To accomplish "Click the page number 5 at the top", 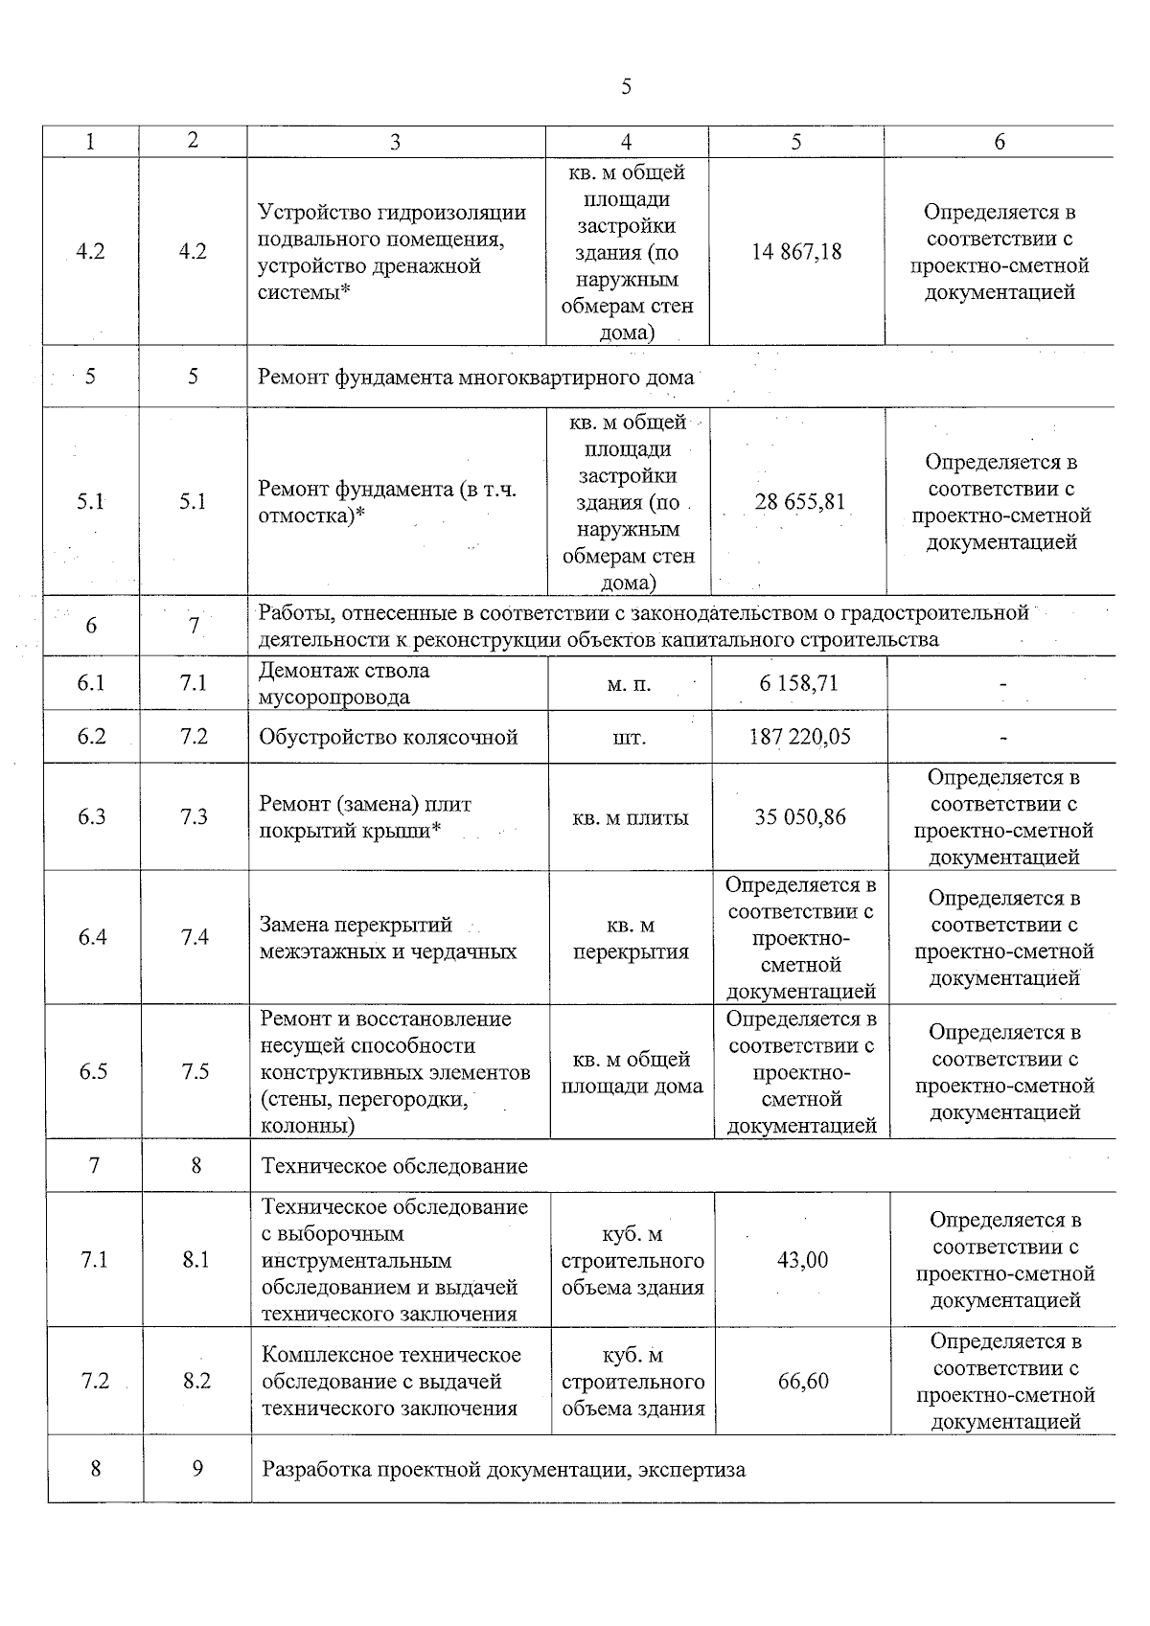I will click(626, 87).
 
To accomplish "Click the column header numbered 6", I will click(999, 142).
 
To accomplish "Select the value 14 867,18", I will click(796, 252).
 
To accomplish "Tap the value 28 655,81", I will click(799, 502).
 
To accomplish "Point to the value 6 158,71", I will click(798, 683).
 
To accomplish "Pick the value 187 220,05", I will click(799, 737).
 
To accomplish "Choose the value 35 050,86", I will click(800, 817).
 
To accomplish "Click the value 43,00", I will click(802, 1260).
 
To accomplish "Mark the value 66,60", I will click(803, 1382).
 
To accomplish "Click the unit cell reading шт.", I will click(629, 738).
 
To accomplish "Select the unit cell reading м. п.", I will click(629, 684).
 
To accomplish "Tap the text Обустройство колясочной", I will click(388, 737).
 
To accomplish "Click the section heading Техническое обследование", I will click(395, 1166).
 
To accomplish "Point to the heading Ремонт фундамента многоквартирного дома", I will click(475, 377).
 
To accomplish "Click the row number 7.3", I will click(195, 817).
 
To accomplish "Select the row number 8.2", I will click(196, 1382).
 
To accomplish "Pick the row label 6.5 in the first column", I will click(93, 1072).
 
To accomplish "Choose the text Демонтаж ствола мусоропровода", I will click(344, 684).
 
